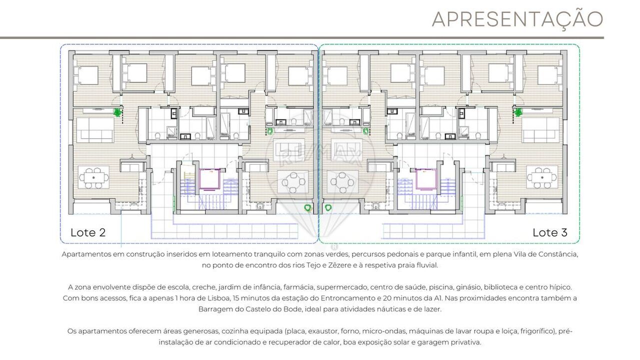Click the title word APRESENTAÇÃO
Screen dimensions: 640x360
[517, 19]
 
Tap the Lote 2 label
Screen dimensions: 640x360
[88, 232]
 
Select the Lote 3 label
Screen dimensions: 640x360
[549, 232]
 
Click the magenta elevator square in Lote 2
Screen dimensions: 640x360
[209, 179]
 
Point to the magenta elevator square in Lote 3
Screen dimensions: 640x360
[426, 179]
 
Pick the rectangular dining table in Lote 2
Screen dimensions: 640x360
[93, 177]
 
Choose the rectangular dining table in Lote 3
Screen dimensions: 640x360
[542, 177]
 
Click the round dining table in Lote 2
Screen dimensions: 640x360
[293, 182]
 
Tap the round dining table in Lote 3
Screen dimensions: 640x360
[342, 182]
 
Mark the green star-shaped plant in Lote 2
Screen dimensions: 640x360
[117, 112]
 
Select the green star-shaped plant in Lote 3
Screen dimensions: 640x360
[517, 112]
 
